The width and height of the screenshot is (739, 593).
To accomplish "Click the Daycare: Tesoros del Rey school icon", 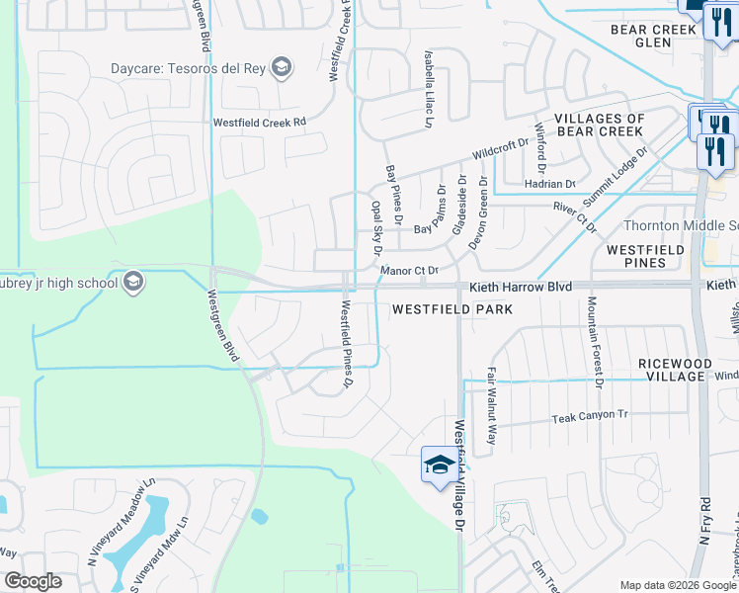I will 282,67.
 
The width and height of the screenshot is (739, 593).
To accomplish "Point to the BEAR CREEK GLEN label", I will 654,37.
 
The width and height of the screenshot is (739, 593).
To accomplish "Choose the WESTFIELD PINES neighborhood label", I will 645,257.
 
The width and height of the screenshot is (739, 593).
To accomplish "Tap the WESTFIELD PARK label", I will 452,309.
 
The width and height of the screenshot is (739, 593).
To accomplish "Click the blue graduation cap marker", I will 439,466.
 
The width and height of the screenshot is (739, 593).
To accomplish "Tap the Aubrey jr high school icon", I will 133,284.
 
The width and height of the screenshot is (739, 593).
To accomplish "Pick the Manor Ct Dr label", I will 409,270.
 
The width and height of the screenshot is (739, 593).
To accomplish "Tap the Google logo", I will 33,582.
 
